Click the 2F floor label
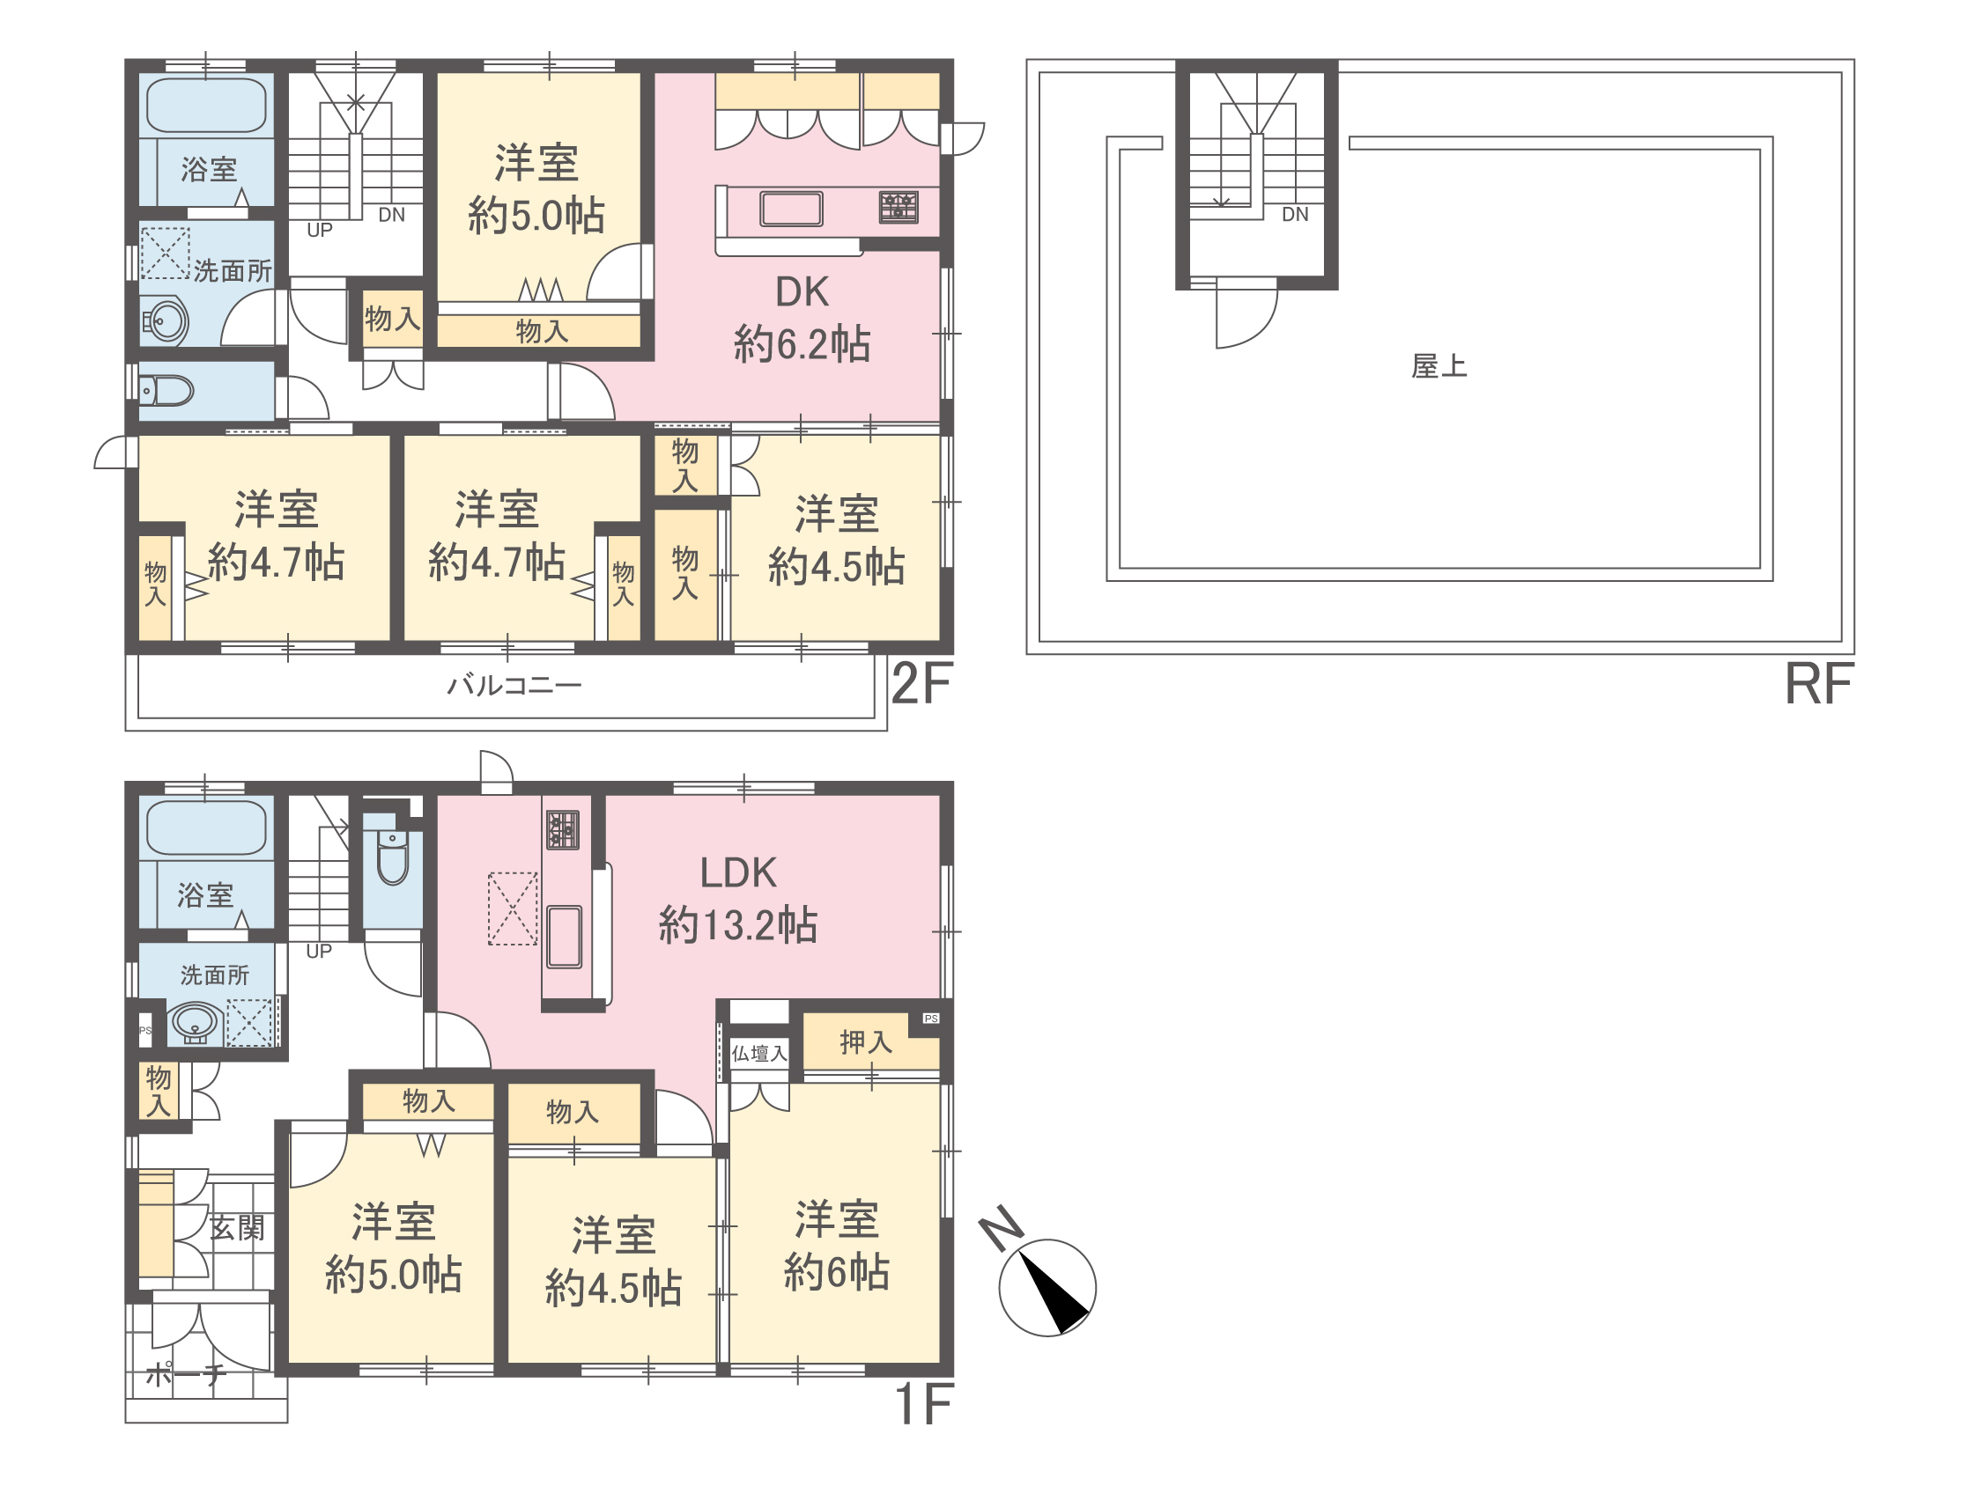pyautogui.click(x=921, y=684)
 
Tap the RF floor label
pyautogui.click(x=1818, y=684)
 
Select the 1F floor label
pyautogui.click(x=923, y=1404)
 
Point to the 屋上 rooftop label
pyautogui.click(x=1439, y=366)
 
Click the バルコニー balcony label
pyautogui.click(x=514, y=686)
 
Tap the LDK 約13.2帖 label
pyautogui.click(x=738, y=900)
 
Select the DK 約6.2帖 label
pyautogui.click(x=802, y=319)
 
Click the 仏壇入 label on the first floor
pyautogui.click(x=759, y=1054)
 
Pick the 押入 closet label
pyautogui.click(x=866, y=1041)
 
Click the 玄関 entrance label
pyautogui.click(x=237, y=1227)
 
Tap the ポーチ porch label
pyautogui.click(x=186, y=1373)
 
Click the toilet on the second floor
pyautogui.click(x=166, y=391)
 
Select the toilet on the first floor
pyautogui.click(x=393, y=857)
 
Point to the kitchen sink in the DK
pyautogui.click(x=791, y=209)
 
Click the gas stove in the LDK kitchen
pyautogui.click(x=563, y=829)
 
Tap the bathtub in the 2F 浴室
pyautogui.click(x=206, y=105)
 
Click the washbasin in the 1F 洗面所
pyautogui.click(x=196, y=1023)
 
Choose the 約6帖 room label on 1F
pyautogui.click(x=837, y=1245)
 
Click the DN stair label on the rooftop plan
pyautogui.click(x=1295, y=214)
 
